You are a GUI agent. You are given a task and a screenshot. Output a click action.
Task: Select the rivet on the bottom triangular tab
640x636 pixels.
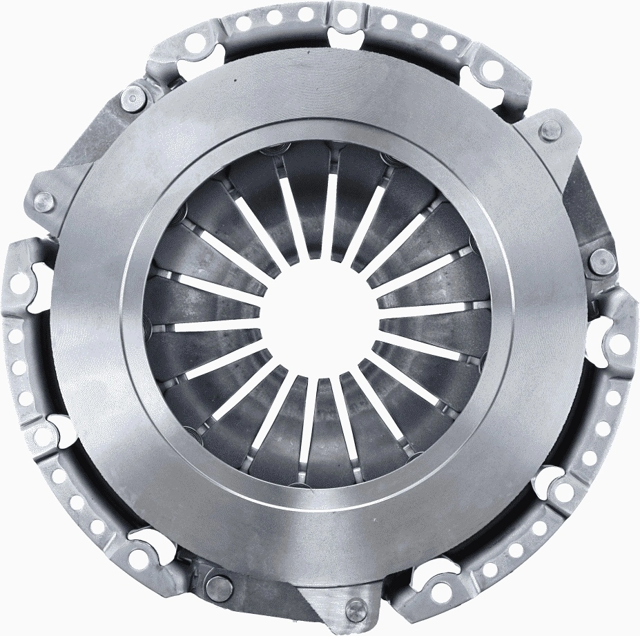356,608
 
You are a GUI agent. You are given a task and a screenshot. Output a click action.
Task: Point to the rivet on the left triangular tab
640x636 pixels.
43,201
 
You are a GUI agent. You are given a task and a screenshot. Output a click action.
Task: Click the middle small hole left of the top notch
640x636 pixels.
272,17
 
